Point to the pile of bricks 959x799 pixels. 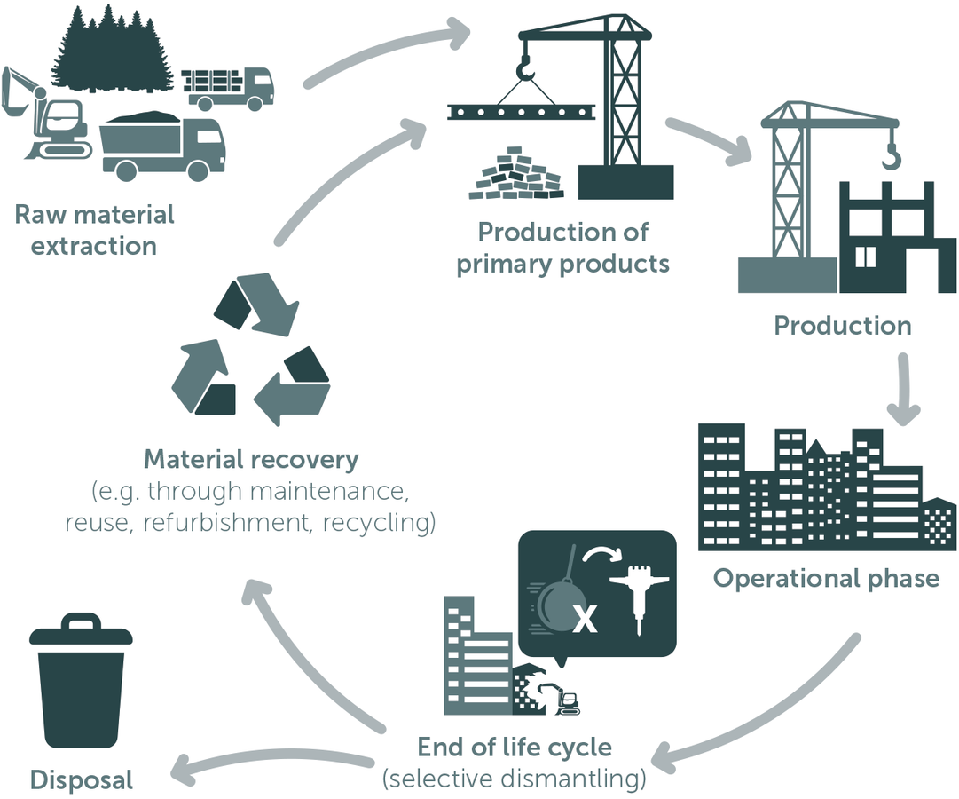pos(517,172)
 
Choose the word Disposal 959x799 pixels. pos(82,779)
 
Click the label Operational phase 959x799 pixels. pos(826,578)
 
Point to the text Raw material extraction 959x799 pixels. pos(94,229)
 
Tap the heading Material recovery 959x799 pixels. pos(251,459)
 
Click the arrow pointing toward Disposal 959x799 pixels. pos(266,762)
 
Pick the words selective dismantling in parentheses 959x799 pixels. pos(515,779)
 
